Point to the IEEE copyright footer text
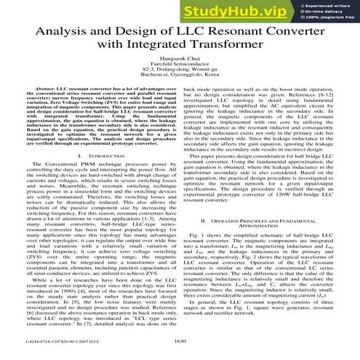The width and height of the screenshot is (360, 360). (49, 339)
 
